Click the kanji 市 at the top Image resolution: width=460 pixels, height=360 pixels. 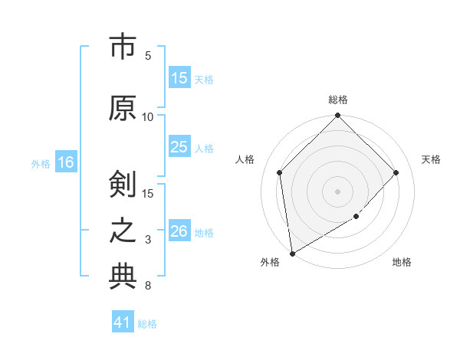point(122,47)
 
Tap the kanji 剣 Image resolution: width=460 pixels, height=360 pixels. point(122,184)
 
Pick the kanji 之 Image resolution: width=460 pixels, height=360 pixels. point(122,231)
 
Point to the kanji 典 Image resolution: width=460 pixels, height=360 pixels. point(122,277)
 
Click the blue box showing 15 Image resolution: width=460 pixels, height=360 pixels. point(179,78)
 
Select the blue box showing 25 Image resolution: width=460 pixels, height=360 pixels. point(179,148)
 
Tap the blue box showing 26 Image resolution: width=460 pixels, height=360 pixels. point(179,231)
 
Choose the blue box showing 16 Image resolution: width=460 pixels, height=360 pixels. point(65,162)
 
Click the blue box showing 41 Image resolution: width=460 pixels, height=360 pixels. point(123,322)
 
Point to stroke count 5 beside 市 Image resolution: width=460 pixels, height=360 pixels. point(148,56)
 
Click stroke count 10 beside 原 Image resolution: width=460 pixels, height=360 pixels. point(148,117)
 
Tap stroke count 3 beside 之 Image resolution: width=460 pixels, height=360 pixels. point(148,241)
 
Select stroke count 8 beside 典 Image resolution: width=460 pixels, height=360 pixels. point(148,286)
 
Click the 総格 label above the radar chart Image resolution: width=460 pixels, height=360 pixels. point(338,100)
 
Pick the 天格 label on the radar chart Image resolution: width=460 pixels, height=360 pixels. point(431,159)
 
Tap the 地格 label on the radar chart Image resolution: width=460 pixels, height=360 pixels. point(402,262)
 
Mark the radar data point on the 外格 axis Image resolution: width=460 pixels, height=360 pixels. point(292,254)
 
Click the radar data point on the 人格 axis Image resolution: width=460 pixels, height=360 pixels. point(279,172)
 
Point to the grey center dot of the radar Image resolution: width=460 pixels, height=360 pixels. point(338,191)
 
